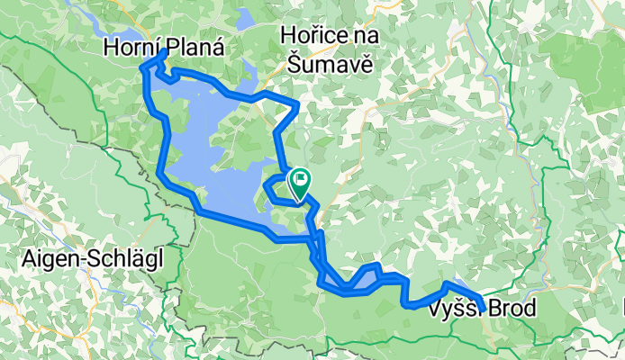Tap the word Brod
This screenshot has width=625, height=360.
pos(512,310)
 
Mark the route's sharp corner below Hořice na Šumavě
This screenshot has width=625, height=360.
pos(298,106)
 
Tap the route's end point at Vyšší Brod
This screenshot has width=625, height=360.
pos(484,310)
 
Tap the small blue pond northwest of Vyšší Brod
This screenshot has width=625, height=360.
pos(457,286)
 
